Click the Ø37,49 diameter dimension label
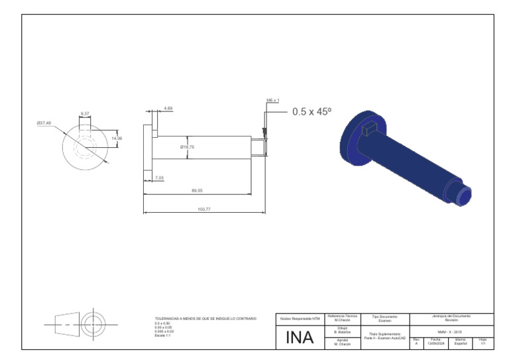pyautogui.click(x=44, y=123)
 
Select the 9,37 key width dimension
pyautogui.click(x=85, y=114)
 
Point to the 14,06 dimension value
pyautogui.click(x=118, y=138)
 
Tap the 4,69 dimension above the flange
pyautogui.click(x=168, y=108)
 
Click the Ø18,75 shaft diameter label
pyautogui.click(x=188, y=147)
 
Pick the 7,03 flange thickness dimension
pyautogui.click(x=159, y=178)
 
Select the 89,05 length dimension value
pyautogui.click(x=197, y=191)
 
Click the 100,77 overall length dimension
pyautogui.click(x=204, y=210)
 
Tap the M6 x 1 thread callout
pyautogui.click(x=273, y=101)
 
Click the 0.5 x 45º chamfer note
pyautogui.click(x=311, y=112)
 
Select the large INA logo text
pyautogui.click(x=300, y=337)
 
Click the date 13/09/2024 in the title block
pyautogui.click(x=435, y=343)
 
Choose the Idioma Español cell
pyautogui.click(x=460, y=341)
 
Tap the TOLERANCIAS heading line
pyautogui.click(x=205, y=319)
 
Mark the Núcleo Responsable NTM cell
pyautogui.click(x=299, y=319)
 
